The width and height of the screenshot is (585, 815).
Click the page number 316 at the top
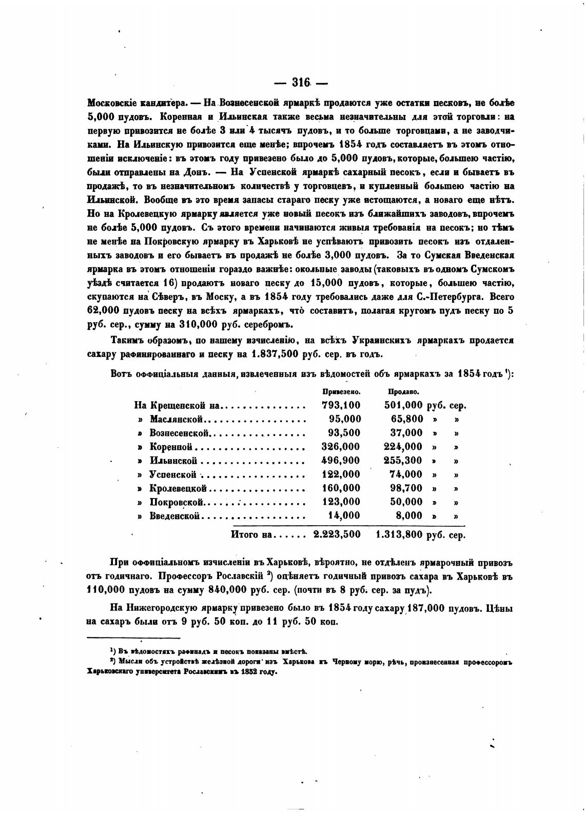[301, 83]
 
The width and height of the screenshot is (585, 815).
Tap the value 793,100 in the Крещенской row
[341, 405]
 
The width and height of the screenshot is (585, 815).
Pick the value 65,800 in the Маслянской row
[406, 419]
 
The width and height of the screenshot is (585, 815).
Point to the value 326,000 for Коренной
[341, 447]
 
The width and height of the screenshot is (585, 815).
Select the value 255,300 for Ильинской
[403, 461]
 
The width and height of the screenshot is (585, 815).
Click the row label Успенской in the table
[173, 474]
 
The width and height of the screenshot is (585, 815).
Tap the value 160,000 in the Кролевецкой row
[341, 488]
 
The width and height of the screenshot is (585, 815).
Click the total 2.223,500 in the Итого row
[337, 534]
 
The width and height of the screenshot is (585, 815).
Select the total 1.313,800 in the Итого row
[399, 534]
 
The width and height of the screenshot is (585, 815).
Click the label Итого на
[251, 534]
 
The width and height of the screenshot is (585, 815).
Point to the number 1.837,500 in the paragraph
[279, 354]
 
